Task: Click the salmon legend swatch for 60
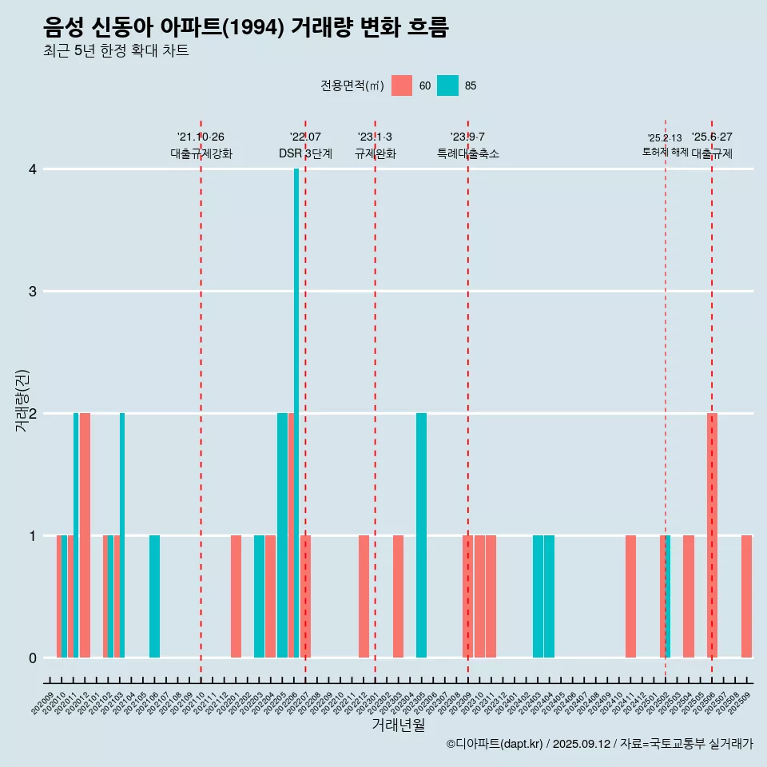coord(402,85)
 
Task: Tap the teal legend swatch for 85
coord(448,85)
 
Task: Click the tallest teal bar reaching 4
coord(296,413)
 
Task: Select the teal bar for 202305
coord(421,535)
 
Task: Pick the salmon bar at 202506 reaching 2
coord(712,535)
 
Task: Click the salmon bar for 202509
coord(746,596)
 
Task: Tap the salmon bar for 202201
coord(236,596)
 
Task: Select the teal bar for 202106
coord(154,596)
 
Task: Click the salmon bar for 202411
coord(630,596)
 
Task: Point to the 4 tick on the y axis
coord(33,169)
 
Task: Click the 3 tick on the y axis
coord(33,292)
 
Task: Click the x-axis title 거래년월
coord(398,725)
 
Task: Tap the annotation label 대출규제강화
coord(201,153)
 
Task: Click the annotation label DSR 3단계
coord(305,153)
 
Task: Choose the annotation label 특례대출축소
coord(467,153)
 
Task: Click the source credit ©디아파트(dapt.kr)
coord(495,744)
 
